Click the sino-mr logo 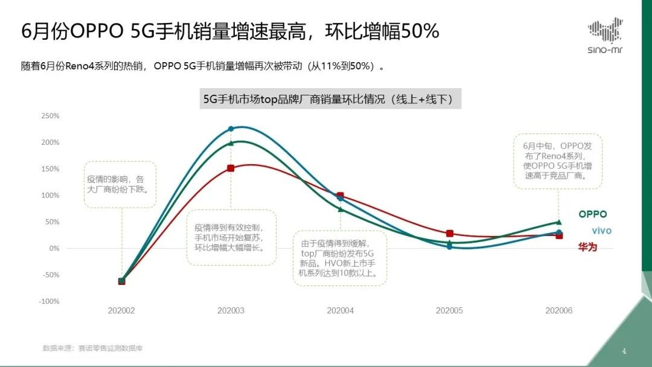pyautogui.click(x=605, y=36)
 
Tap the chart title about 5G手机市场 pyautogui.click(x=331, y=99)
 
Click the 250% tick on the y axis pyautogui.click(x=50, y=116)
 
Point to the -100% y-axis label pyautogui.click(x=50, y=301)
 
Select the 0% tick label pyautogui.click(x=54, y=248)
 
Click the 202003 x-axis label pyautogui.click(x=231, y=310)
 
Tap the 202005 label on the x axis pyautogui.click(x=449, y=310)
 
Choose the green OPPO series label pyautogui.click(x=592, y=214)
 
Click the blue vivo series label pyautogui.click(x=601, y=231)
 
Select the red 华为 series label pyautogui.click(x=587, y=247)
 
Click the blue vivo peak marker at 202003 pyautogui.click(x=231, y=129)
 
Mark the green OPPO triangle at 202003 pyautogui.click(x=231, y=143)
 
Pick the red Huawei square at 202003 pyautogui.click(x=231, y=168)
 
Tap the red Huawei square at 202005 pyautogui.click(x=449, y=234)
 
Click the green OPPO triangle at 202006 pyautogui.click(x=558, y=222)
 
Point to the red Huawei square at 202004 pyautogui.click(x=340, y=196)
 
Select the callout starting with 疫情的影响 pyautogui.click(x=120, y=184)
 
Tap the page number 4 pyautogui.click(x=624, y=351)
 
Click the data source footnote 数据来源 pyautogui.click(x=93, y=348)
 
